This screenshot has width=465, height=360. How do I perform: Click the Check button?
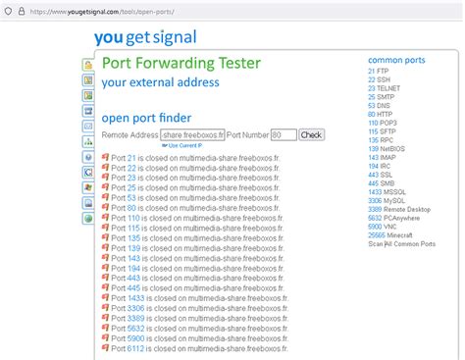pyautogui.click(x=311, y=135)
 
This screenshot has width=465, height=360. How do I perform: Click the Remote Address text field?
pyautogui.click(x=193, y=135)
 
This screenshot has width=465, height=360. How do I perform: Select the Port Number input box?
pyautogui.click(x=283, y=135)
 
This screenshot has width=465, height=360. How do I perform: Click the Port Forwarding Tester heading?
pyautogui.click(x=181, y=63)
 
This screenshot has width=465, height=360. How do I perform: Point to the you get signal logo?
pyautogui.click(x=145, y=38)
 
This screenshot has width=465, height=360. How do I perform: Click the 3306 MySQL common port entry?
pyautogui.click(x=392, y=200)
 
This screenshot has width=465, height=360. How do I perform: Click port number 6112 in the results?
pyautogui.click(x=136, y=347)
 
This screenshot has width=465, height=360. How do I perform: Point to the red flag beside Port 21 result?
pyautogui.click(x=105, y=157)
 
